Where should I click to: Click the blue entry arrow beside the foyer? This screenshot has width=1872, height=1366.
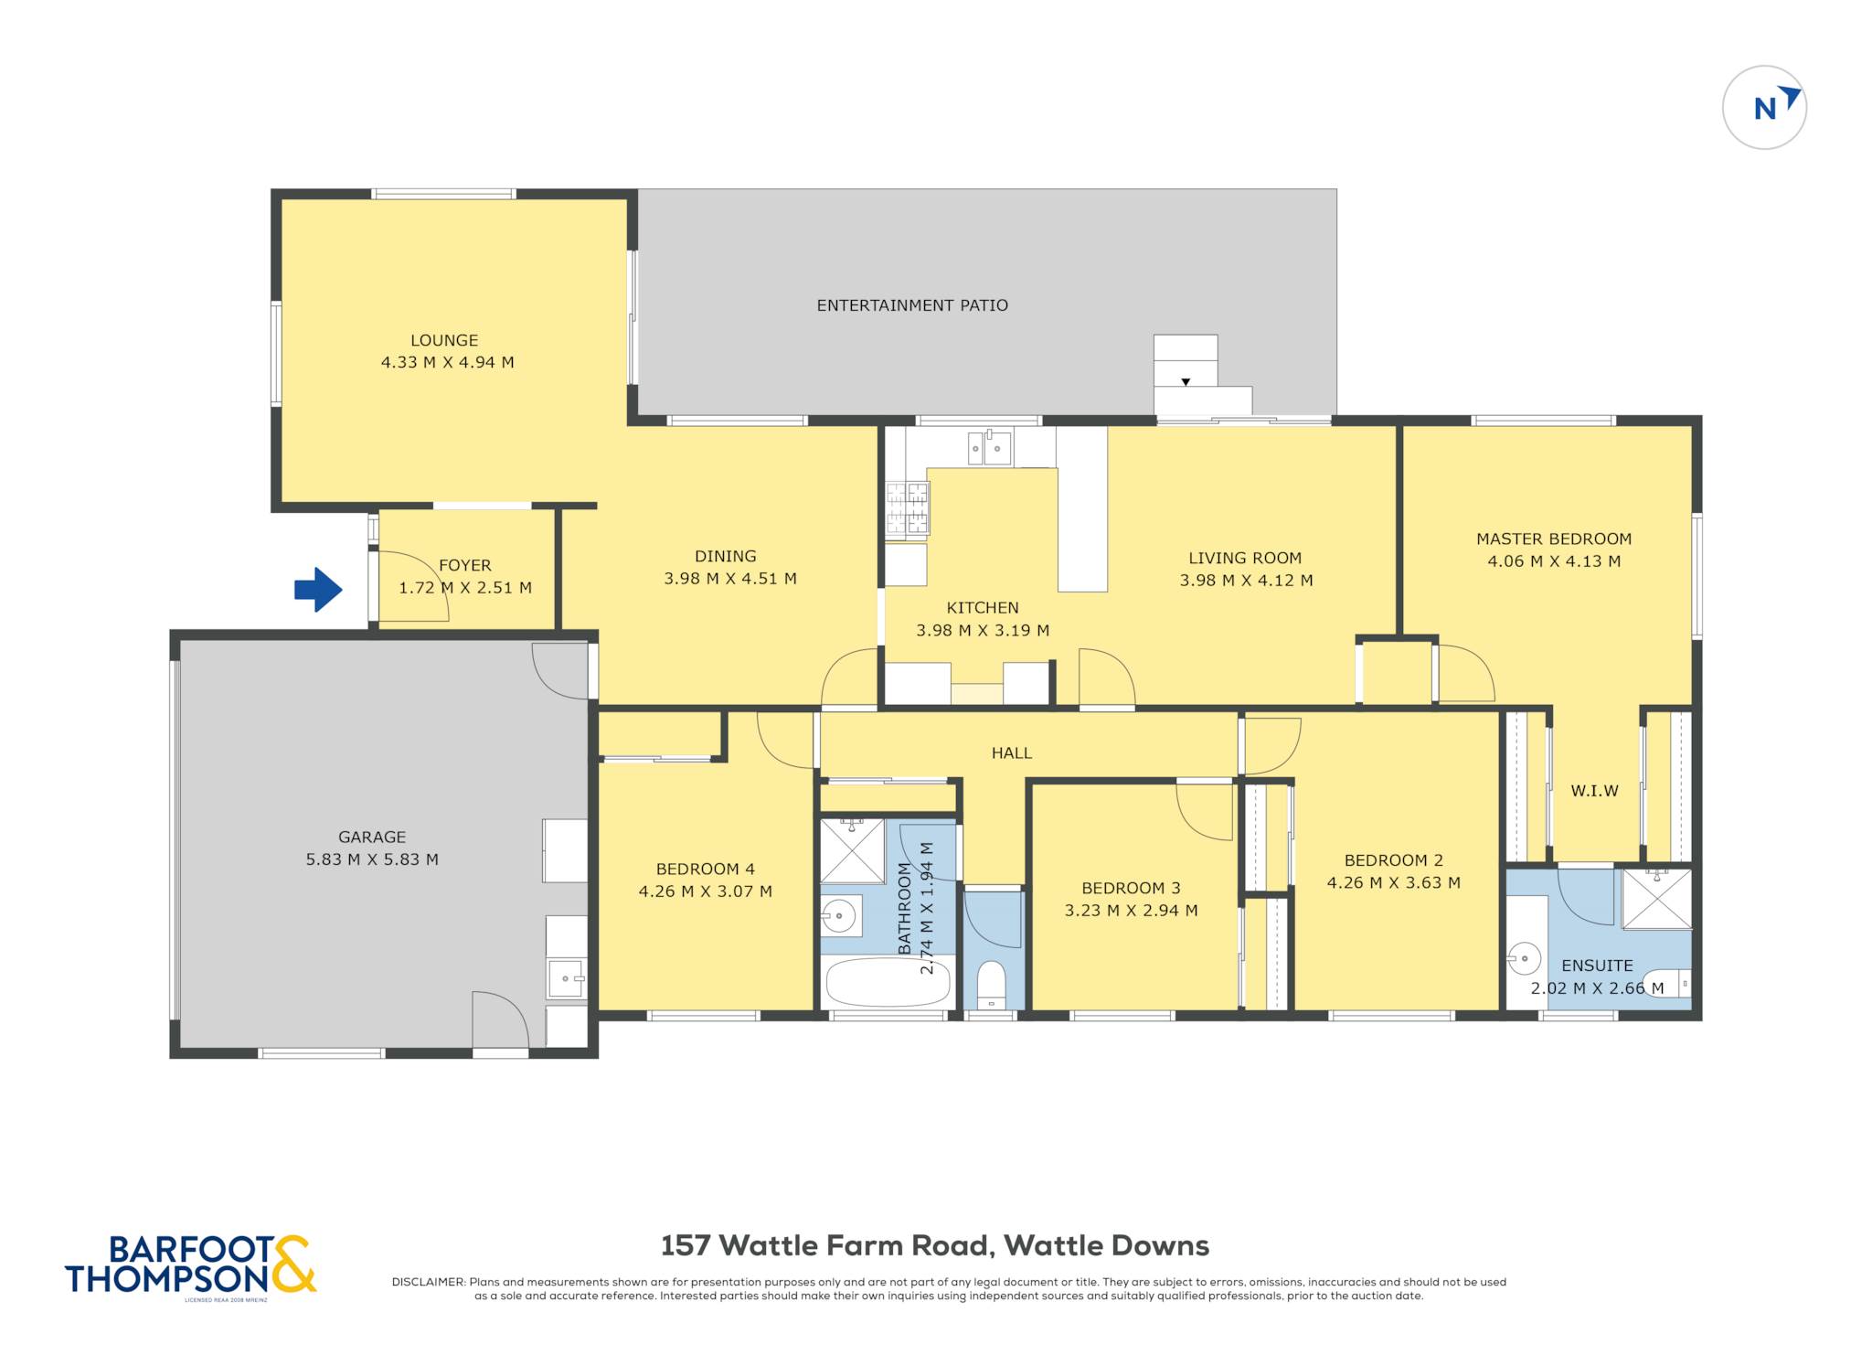coord(318,590)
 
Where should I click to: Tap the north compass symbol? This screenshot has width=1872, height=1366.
coord(1764,108)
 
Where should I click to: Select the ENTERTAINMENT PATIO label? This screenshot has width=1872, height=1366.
coord(912,305)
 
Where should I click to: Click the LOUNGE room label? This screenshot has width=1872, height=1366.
coord(444,340)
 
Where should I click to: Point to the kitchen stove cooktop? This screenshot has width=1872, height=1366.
coord(907,509)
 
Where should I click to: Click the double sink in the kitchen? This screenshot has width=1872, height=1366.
coord(990,448)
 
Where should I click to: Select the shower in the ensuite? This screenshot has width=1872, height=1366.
coord(1656,899)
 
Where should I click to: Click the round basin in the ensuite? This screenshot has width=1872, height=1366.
coord(1524,958)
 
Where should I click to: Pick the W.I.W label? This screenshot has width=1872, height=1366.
coord(1594,791)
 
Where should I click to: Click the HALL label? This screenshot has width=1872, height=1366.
coord(1012,753)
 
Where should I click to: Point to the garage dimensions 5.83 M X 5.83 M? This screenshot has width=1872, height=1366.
coord(372,859)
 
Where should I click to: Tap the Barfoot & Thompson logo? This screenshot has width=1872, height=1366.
coord(191,1265)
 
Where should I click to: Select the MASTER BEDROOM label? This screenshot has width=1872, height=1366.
coord(1554,539)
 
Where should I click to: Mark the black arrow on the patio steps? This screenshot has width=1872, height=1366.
coord(1186,382)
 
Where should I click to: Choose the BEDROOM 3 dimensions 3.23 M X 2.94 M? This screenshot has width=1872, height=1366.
coord(1131,911)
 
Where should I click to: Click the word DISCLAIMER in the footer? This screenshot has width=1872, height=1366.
coord(429,1282)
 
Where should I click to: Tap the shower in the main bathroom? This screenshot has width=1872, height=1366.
coord(853,851)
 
